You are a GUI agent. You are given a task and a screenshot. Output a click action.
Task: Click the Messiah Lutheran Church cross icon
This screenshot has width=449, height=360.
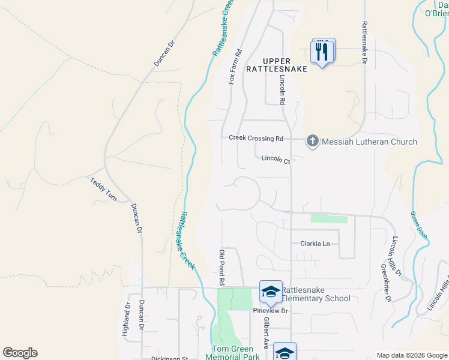(x=312, y=142)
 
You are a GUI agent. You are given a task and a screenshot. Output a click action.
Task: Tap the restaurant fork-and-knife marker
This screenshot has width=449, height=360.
(x=322, y=52)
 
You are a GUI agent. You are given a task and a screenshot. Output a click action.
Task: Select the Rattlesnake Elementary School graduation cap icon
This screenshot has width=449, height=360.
(x=270, y=291)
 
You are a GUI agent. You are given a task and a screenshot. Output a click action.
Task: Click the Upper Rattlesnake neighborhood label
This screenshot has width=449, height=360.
(x=277, y=65)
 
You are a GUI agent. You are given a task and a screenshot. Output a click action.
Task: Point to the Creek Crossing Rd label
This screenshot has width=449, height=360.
(x=256, y=138)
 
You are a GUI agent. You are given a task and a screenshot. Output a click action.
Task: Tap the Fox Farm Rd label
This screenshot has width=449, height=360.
(x=235, y=67)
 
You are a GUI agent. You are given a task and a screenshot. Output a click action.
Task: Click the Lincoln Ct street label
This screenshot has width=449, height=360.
(x=276, y=160)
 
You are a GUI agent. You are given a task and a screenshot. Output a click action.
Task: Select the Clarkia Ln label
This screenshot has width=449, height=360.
(x=315, y=244)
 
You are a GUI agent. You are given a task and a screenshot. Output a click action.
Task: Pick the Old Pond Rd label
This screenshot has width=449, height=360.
(x=221, y=268)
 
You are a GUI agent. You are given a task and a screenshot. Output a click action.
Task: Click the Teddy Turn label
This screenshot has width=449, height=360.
(x=103, y=190)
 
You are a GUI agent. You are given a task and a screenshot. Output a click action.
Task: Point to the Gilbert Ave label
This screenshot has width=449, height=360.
(x=265, y=333)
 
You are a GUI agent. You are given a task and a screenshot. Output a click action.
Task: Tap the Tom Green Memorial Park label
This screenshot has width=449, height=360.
(x=235, y=353)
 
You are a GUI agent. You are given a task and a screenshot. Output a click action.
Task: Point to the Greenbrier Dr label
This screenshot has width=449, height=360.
(x=385, y=282)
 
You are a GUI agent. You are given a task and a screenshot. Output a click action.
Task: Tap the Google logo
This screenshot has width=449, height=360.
(x=20, y=353)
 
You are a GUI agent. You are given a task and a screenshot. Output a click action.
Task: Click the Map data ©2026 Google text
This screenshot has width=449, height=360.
(x=411, y=355)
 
